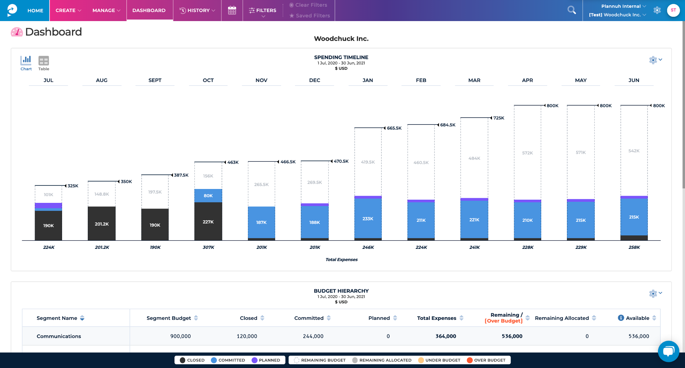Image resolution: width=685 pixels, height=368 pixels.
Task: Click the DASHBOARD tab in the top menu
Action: pyautogui.click(x=149, y=10)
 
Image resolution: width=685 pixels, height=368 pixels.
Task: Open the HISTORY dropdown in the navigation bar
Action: pyautogui.click(x=197, y=10)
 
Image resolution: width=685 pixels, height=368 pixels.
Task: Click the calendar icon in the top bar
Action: pyautogui.click(x=232, y=10)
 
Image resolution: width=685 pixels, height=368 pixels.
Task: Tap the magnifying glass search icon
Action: pyautogui.click(x=572, y=10)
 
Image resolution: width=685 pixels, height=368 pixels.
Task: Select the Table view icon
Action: pyautogui.click(x=44, y=63)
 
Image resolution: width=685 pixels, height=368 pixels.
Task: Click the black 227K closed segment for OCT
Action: pyautogui.click(x=208, y=221)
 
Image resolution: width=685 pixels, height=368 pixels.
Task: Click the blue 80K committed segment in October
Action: pyautogui.click(x=208, y=195)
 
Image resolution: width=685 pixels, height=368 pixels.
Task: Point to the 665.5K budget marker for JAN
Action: pyautogui.click(x=394, y=128)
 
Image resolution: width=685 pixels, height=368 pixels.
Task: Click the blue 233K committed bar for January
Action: pyautogui.click(x=368, y=218)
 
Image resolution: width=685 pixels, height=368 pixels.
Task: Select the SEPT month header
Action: pyautogui.click(x=155, y=80)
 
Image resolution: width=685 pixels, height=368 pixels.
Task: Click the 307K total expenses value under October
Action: pyautogui.click(x=208, y=247)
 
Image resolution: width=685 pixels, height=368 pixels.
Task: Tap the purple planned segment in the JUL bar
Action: pyautogui.click(x=48, y=205)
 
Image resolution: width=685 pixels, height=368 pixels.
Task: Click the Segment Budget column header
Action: pyautogui.click(x=169, y=318)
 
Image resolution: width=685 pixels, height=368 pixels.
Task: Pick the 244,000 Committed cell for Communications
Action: pyautogui.click(x=313, y=336)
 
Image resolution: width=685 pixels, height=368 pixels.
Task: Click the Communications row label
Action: pyautogui.click(x=59, y=336)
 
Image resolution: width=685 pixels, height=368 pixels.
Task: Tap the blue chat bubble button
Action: pyautogui.click(x=668, y=351)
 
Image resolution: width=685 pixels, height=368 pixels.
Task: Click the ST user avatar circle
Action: pyautogui.click(x=673, y=10)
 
